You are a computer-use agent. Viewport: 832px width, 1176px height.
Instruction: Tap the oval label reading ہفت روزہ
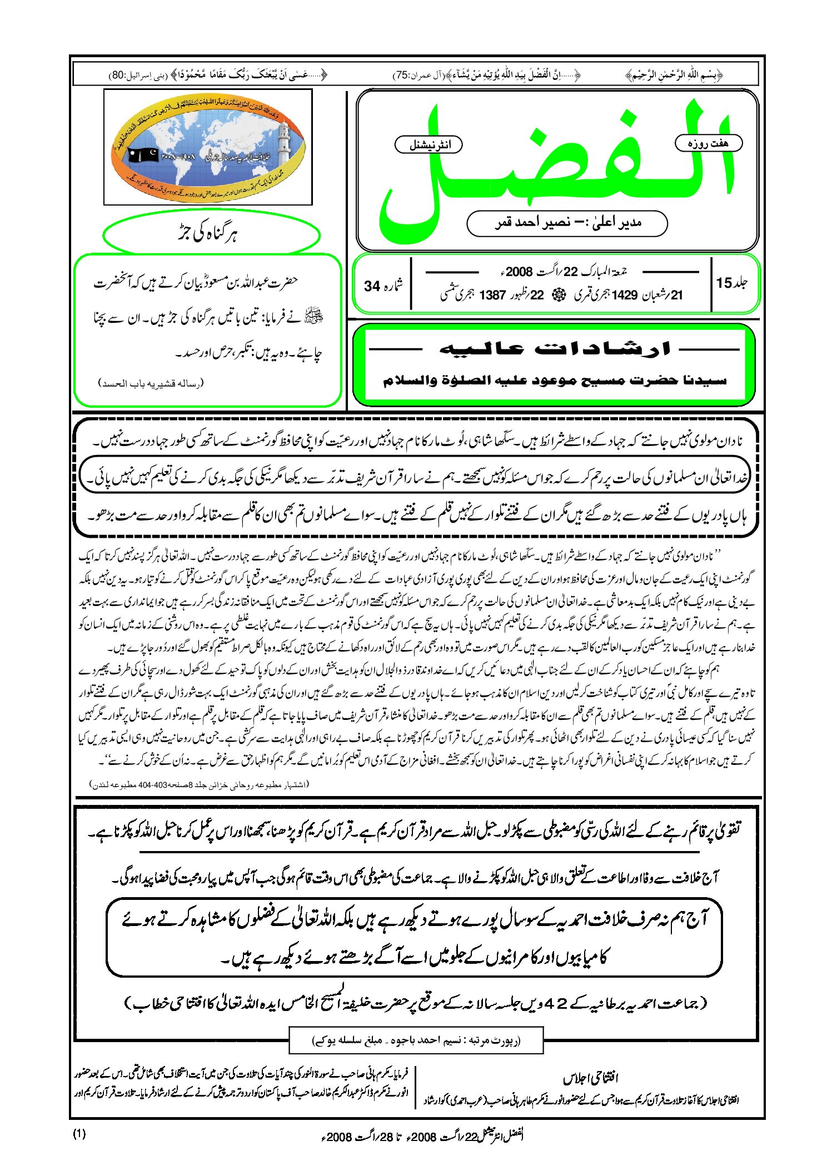(x=708, y=143)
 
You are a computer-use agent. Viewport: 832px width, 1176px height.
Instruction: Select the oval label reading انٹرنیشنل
(x=429, y=145)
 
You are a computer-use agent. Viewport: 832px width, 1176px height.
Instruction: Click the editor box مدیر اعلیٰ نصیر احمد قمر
(x=567, y=223)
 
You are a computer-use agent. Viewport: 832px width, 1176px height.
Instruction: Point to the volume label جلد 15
(x=731, y=283)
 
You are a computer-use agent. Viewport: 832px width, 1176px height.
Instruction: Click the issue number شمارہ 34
(x=383, y=286)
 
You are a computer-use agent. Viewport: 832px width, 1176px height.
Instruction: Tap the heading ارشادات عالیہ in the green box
(x=554, y=349)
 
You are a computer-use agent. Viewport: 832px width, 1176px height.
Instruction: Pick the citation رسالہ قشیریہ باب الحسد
(x=151, y=383)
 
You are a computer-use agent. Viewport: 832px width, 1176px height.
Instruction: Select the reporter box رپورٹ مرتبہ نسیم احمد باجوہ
(x=416, y=1040)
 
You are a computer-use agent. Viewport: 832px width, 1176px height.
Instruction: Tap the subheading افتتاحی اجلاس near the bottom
(x=590, y=1078)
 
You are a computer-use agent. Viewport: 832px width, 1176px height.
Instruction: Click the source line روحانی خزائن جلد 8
(x=199, y=784)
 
